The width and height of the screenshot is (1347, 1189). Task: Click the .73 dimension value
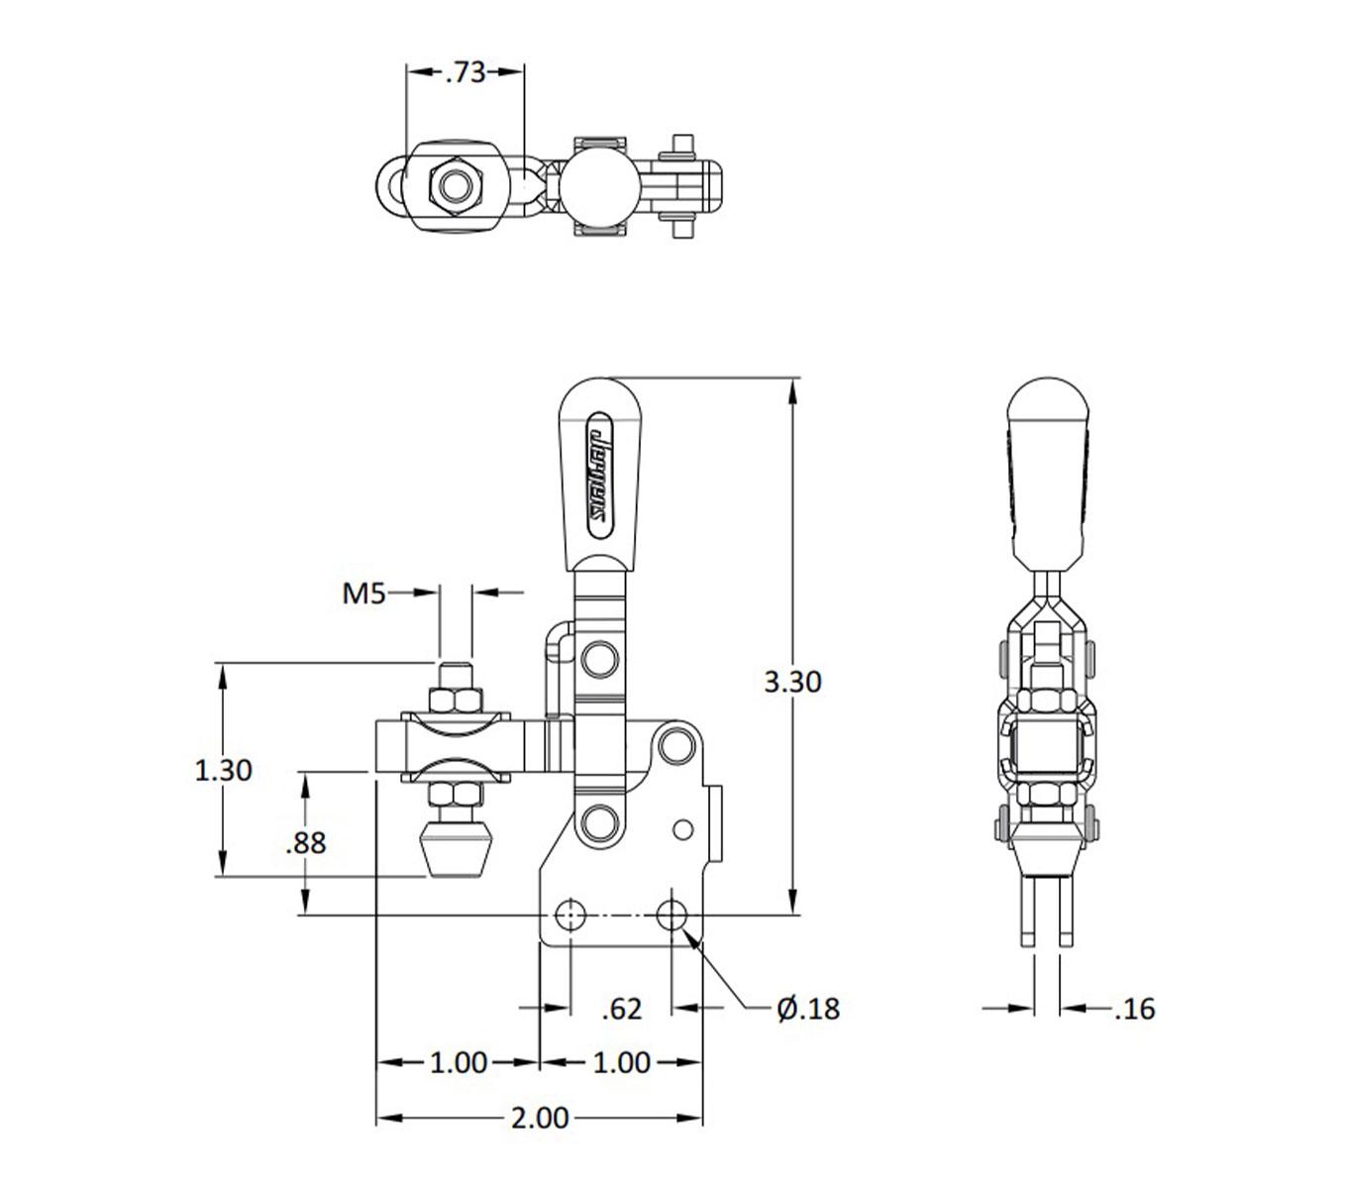click(465, 72)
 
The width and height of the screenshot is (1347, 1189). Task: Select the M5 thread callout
click(363, 594)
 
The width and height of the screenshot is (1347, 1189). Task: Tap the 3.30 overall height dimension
click(792, 682)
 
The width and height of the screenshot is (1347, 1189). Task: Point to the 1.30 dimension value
click(223, 770)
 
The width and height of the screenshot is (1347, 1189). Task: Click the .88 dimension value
click(305, 843)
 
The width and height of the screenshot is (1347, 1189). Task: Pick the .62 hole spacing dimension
click(622, 1009)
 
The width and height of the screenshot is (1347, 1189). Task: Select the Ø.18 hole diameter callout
click(808, 1009)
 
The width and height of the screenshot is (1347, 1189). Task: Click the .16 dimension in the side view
click(1134, 1009)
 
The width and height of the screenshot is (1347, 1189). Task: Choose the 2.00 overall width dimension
click(540, 1119)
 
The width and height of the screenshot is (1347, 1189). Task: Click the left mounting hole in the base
click(570, 915)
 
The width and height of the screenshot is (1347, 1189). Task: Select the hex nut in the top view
click(454, 185)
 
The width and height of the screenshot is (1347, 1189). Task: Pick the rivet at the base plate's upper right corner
click(676, 743)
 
